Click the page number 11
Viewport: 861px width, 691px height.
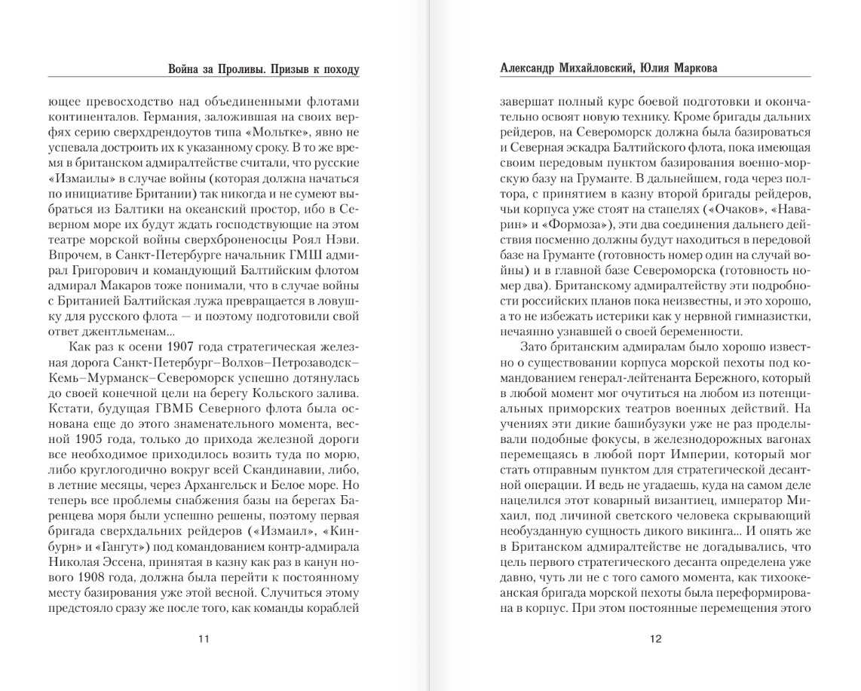[203, 640]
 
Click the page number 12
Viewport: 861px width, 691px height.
[654, 640]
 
